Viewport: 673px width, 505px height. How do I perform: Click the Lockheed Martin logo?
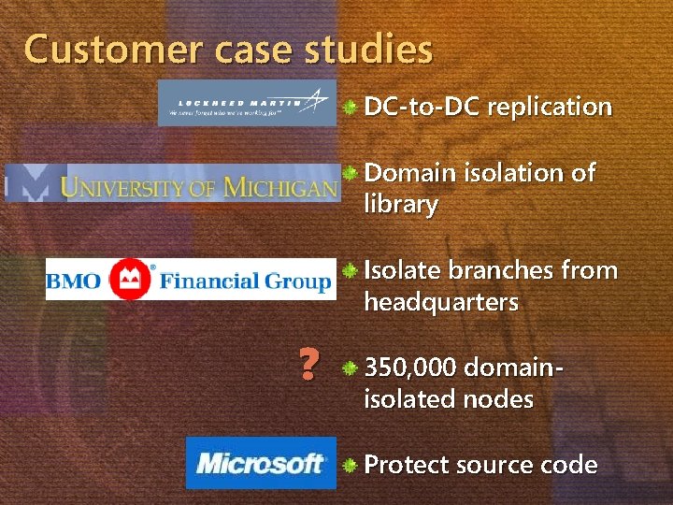point(247,102)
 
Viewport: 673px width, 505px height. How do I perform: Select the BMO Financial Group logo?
point(190,279)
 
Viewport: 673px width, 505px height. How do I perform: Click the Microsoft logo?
point(260,462)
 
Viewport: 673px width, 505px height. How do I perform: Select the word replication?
point(549,107)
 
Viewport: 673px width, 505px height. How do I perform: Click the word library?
point(400,205)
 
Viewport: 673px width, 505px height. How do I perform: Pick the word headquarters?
point(440,302)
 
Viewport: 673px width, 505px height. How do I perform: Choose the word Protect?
point(403,465)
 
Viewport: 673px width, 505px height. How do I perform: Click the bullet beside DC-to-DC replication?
point(349,108)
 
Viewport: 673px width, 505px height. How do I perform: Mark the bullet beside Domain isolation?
point(349,173)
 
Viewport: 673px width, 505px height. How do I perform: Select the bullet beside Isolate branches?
point(349,271)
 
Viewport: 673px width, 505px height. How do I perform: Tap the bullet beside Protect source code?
point(349,465)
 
